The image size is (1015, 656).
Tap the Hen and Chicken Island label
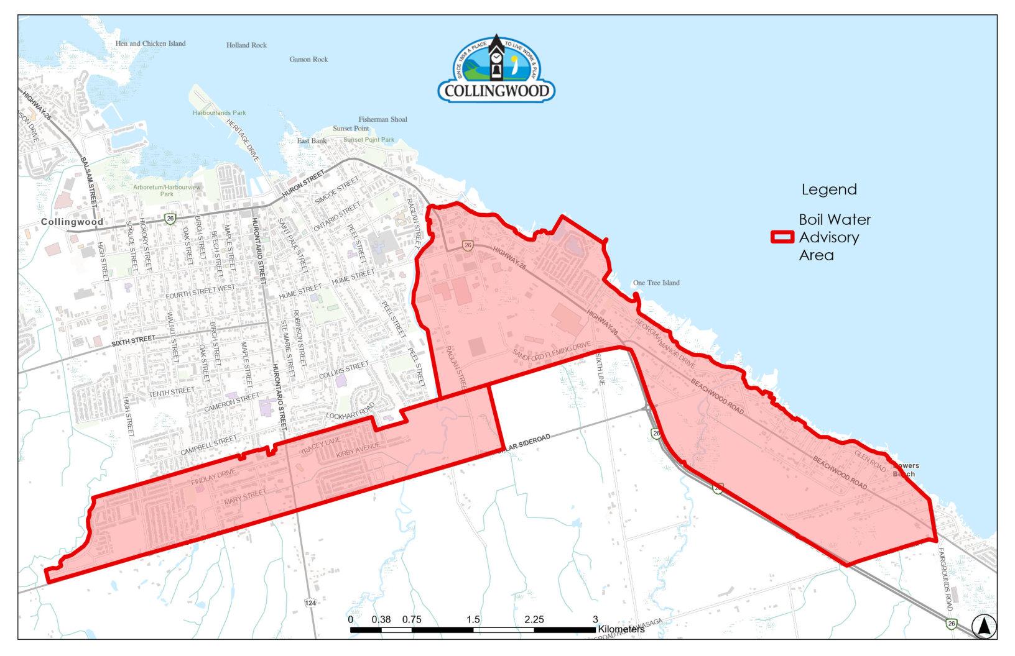(x=151, y=43)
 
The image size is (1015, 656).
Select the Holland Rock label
(x=246, y=45)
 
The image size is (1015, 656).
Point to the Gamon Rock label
(x=308, y=60)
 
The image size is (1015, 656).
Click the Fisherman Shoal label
(x=382, y=119)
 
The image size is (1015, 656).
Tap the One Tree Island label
(x=656, y=283)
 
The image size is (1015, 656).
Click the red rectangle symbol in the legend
(x=782, y=237)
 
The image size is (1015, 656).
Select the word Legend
(x=828, y=189)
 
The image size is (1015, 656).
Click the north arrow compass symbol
(x=983, y=626)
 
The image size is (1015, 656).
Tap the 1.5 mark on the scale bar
(x=473, y=619)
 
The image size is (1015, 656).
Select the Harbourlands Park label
(x=219, y=113)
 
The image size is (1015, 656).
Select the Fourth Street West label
(x=200, y=293)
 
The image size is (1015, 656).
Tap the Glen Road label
(x=869, y=460)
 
